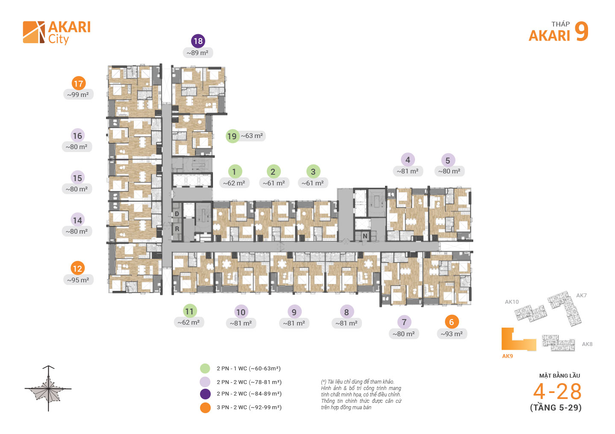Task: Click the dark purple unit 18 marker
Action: tap(198, 41)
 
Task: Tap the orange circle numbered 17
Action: tap(78, 83)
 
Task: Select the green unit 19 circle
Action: tap(232, 136)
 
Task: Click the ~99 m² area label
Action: tap(78, 95)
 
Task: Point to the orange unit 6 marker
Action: tap(451, 322)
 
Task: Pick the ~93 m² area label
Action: tap(452, 334)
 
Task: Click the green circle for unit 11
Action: tap(189, 311)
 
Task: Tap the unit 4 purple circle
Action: tap(408, 160)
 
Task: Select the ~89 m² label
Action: tap(197, 53)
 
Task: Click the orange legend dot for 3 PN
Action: tap(205, 408)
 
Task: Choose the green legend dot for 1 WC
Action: tap(205, 368)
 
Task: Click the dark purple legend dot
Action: tap(205, 394)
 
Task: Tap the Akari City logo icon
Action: tap(34, 32)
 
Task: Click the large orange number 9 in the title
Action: tap(581, 32)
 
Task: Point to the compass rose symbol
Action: tap(48, 388)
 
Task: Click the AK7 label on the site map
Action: tap(581, 296)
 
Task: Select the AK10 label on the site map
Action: tap(512, 302)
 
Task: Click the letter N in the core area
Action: tap(365, 236)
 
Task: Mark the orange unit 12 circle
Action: tap(77, 268)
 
